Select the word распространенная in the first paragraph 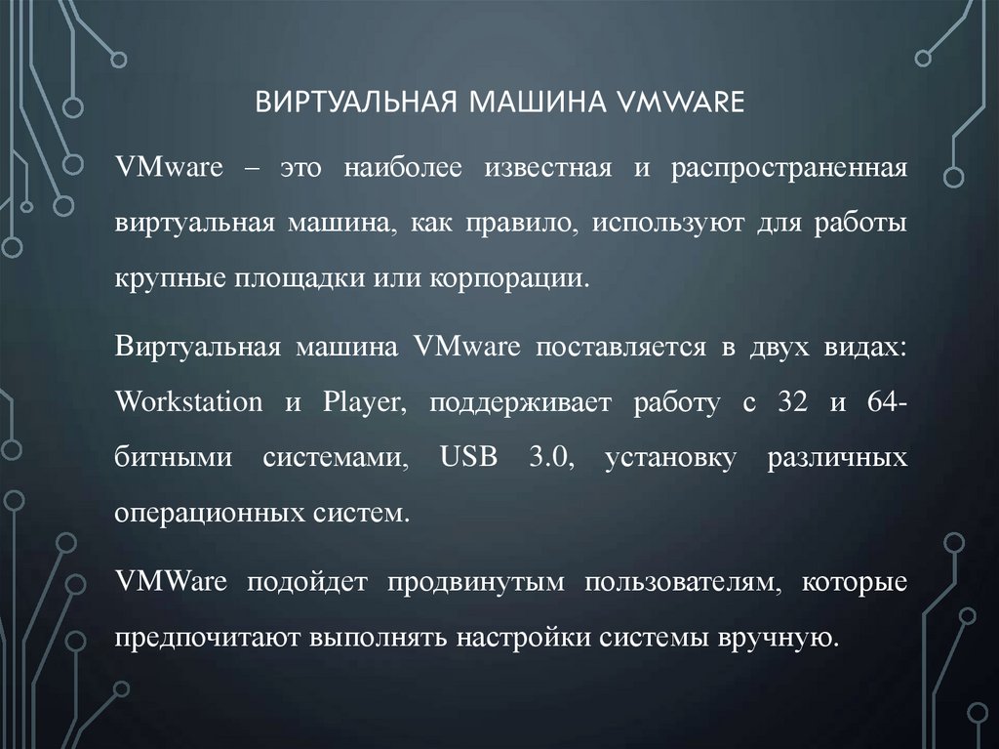pyautogui.click(x=789, y=169)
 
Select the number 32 pyautogui.click(x=793, y=402)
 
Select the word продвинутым pyautogui.click(x=475, y=583)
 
